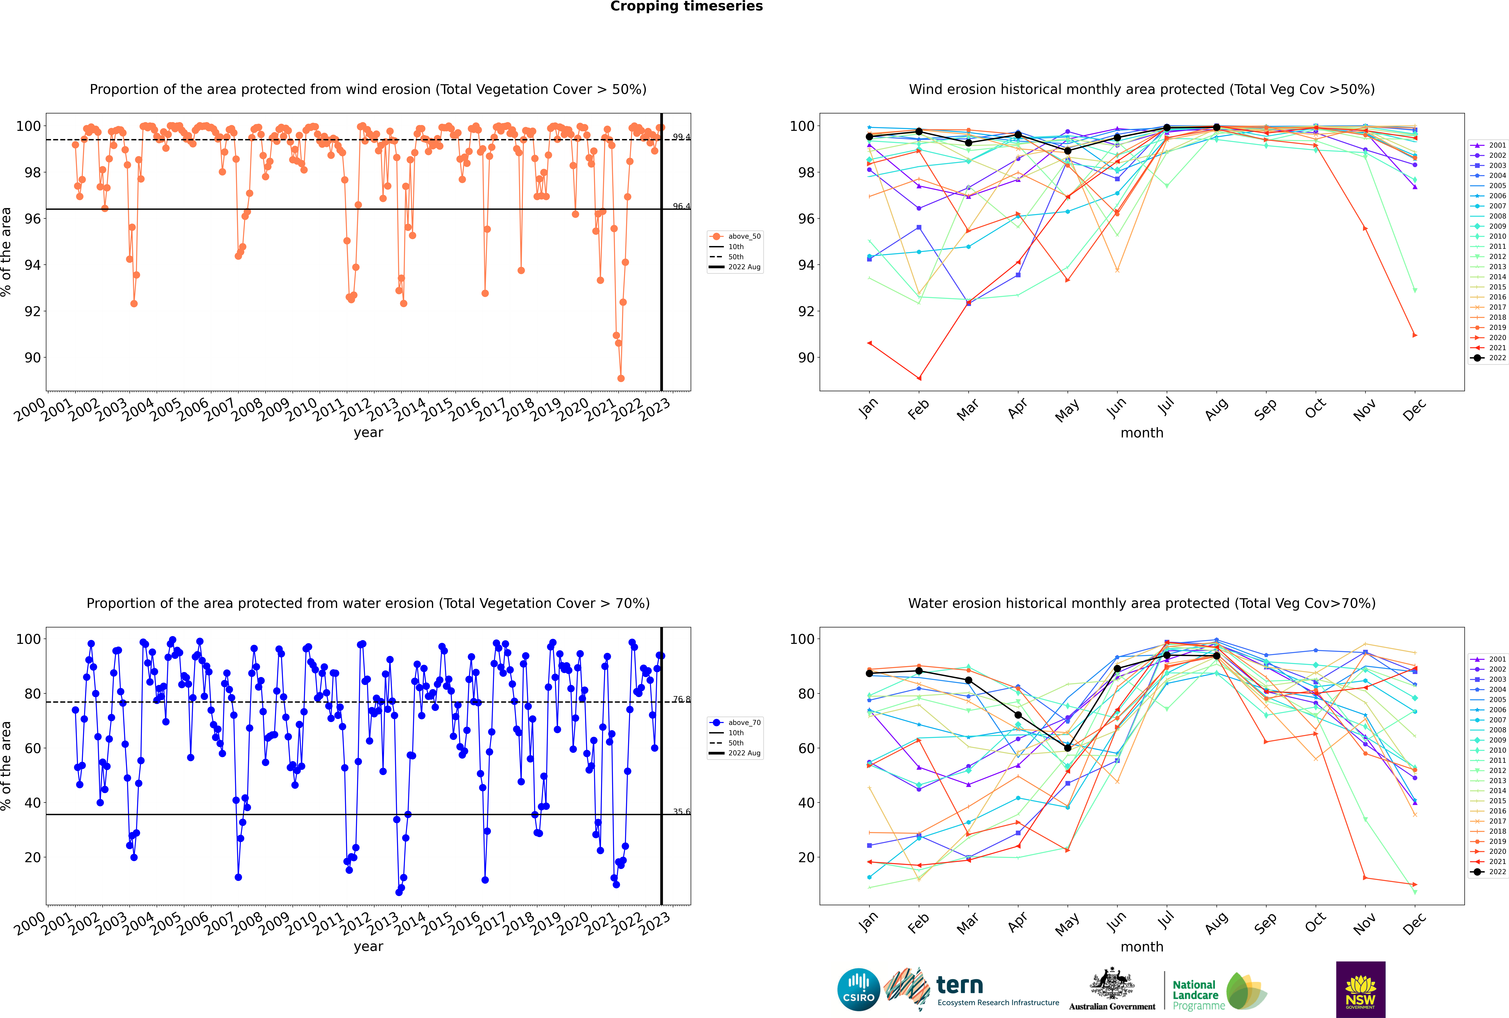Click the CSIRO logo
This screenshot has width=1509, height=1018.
[858, 989]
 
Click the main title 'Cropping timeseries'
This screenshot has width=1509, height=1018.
[686, 6]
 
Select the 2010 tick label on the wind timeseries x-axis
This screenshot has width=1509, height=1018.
[301, 410]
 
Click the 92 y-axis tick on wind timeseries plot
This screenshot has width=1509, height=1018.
[32, 311]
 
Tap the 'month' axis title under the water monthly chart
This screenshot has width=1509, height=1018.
[1142, 947]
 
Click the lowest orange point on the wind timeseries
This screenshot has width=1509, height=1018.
[621, 378]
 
